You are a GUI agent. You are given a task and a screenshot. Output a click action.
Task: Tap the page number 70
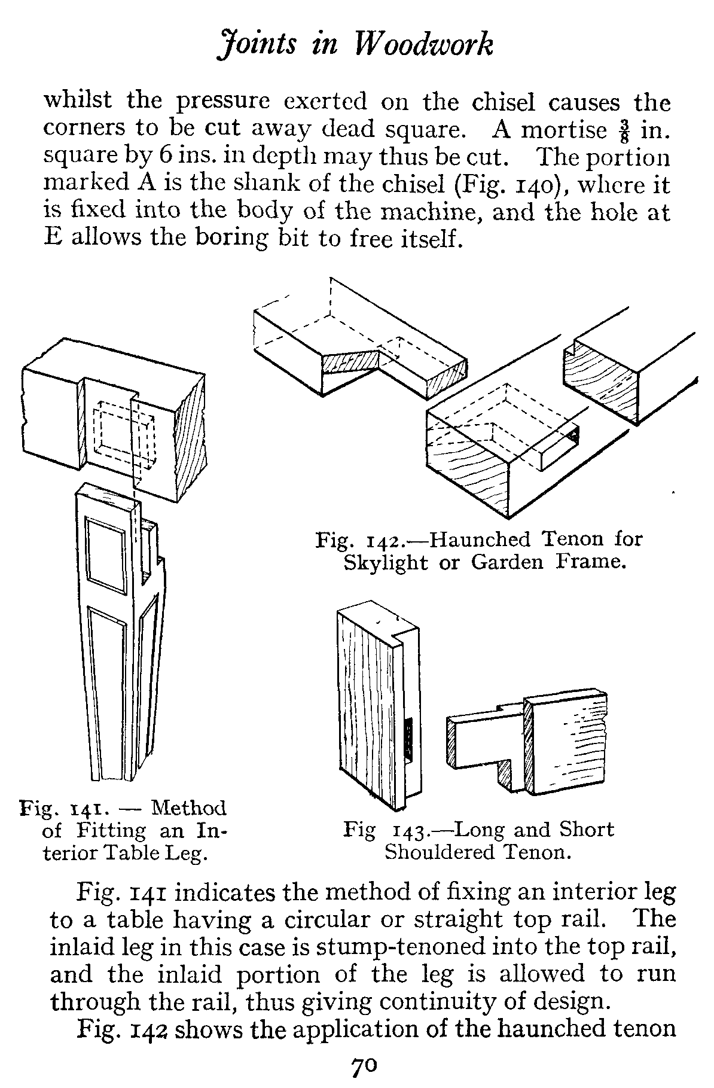point(363,1067)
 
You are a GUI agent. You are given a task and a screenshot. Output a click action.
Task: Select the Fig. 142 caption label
point(361,540)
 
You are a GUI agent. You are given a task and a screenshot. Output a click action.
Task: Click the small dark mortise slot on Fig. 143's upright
point(410,739)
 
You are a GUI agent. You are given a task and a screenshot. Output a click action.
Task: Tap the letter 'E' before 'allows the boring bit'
point(54,238)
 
